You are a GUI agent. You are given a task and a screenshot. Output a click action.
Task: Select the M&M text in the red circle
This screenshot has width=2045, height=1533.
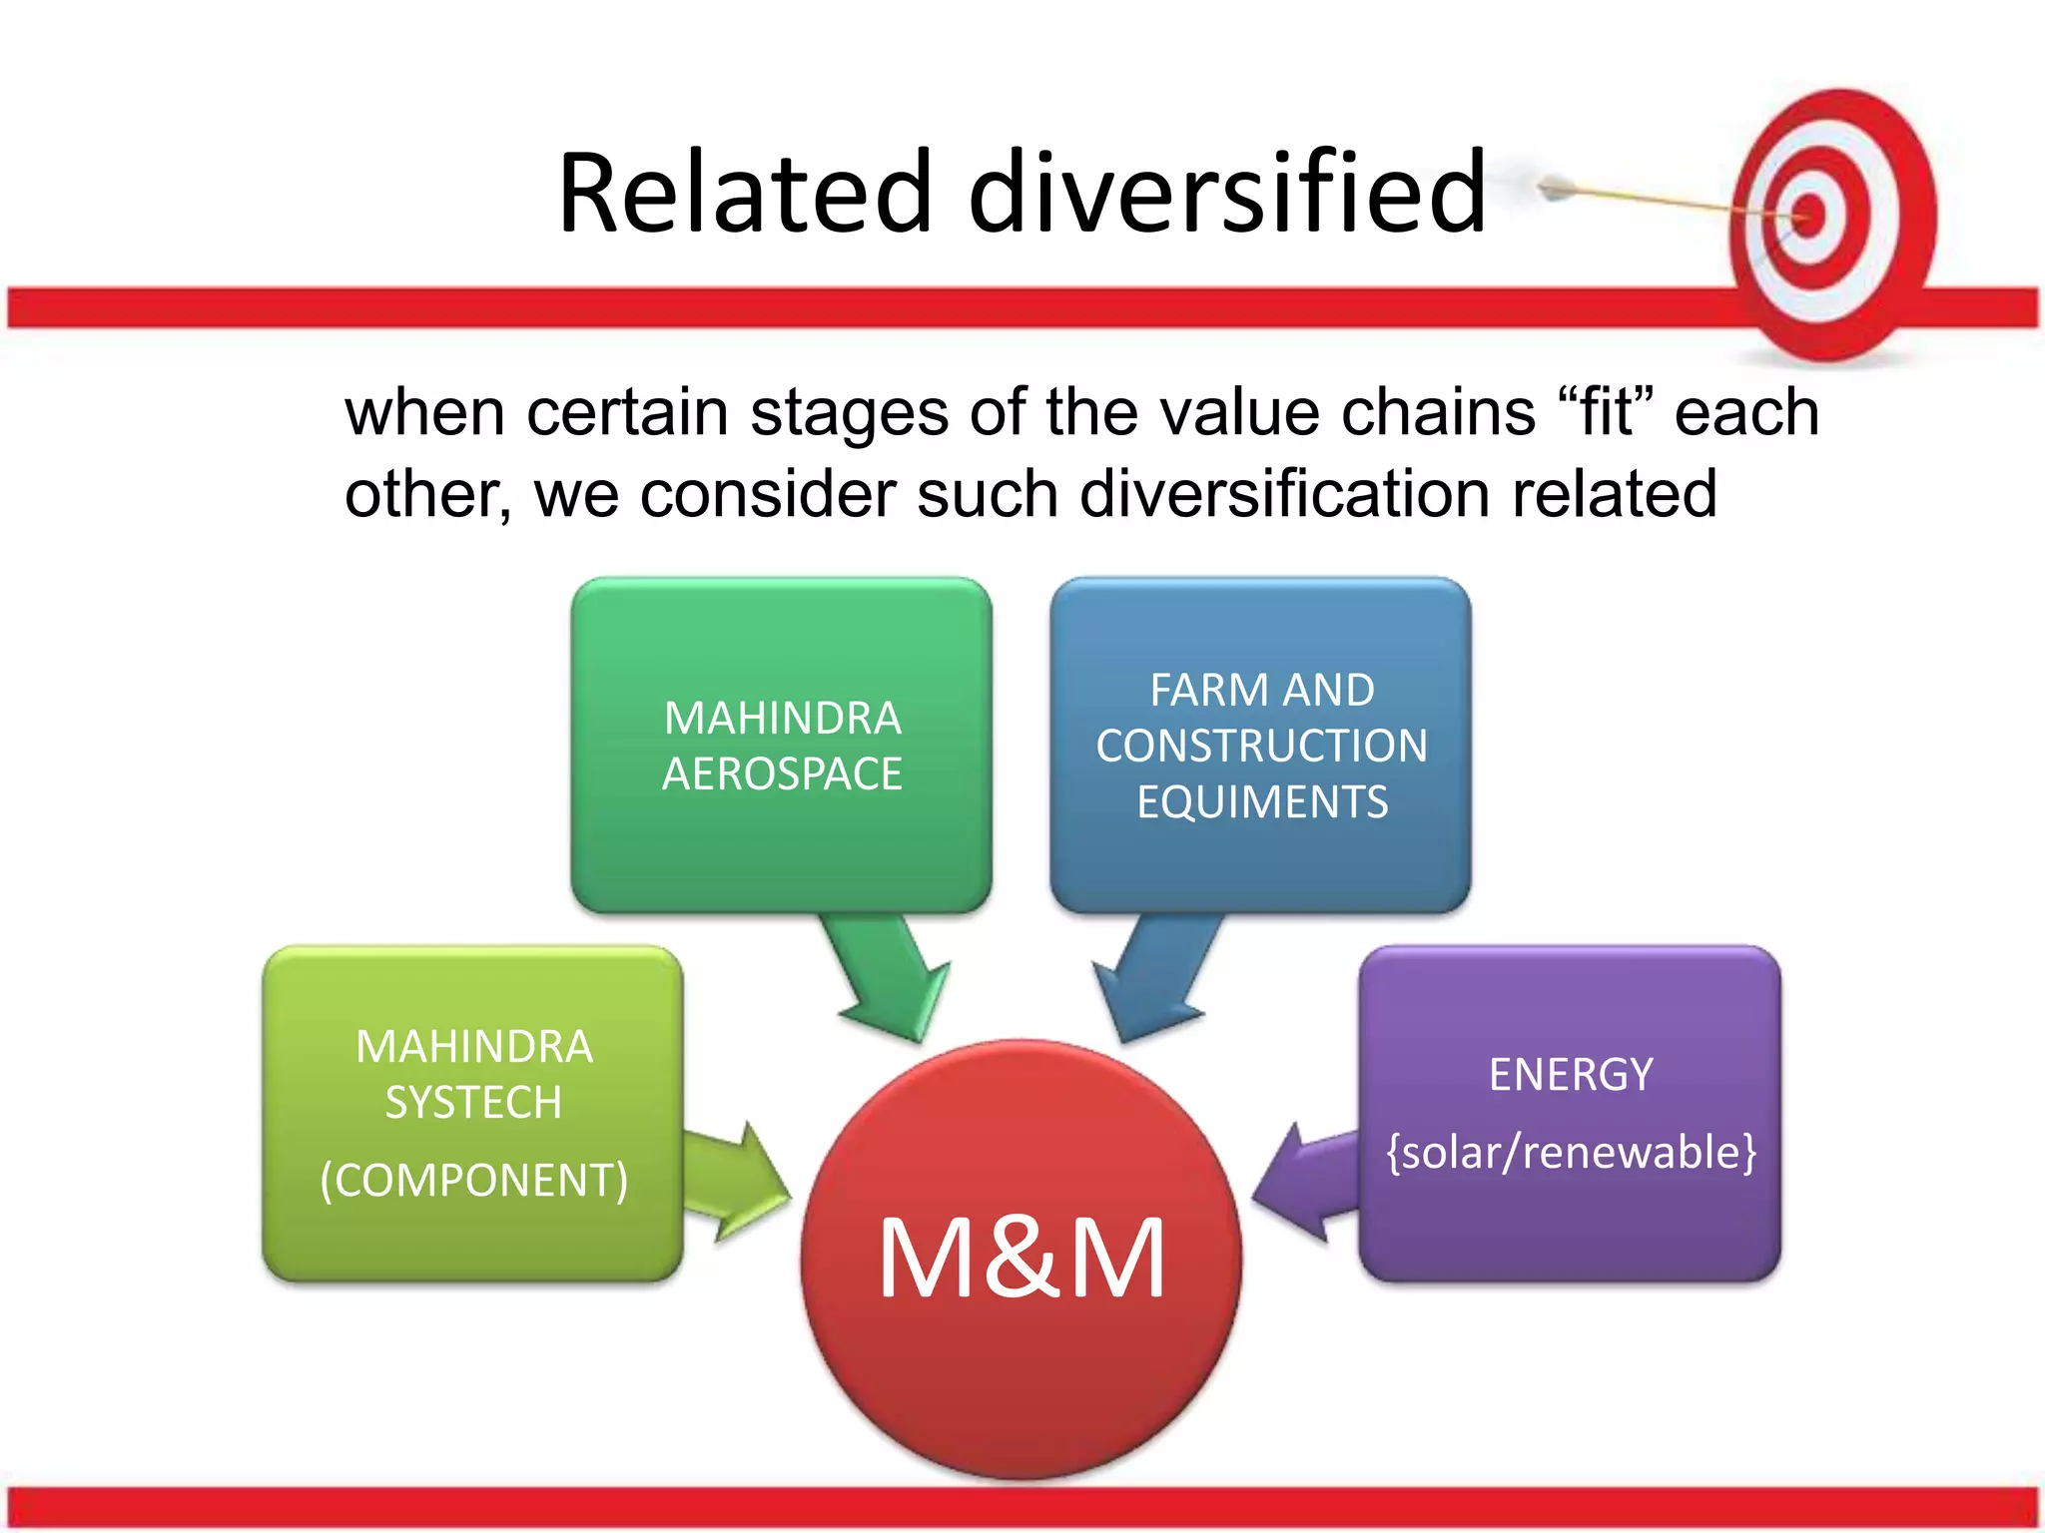1021,1259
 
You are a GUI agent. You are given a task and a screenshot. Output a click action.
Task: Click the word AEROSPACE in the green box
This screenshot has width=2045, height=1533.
782,774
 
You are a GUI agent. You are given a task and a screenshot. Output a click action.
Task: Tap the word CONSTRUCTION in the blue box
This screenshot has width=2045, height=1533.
1261,747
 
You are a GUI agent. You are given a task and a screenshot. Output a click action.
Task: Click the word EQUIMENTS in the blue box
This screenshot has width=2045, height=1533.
1261,802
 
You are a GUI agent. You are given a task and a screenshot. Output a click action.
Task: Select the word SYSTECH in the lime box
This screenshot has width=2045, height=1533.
473,1103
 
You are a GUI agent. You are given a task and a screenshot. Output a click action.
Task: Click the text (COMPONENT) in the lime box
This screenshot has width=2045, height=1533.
473,1180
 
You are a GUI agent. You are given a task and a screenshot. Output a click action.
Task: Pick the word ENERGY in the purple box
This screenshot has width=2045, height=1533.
1570,1075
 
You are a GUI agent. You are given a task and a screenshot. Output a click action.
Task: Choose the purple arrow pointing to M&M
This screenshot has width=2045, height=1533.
1303,1183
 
